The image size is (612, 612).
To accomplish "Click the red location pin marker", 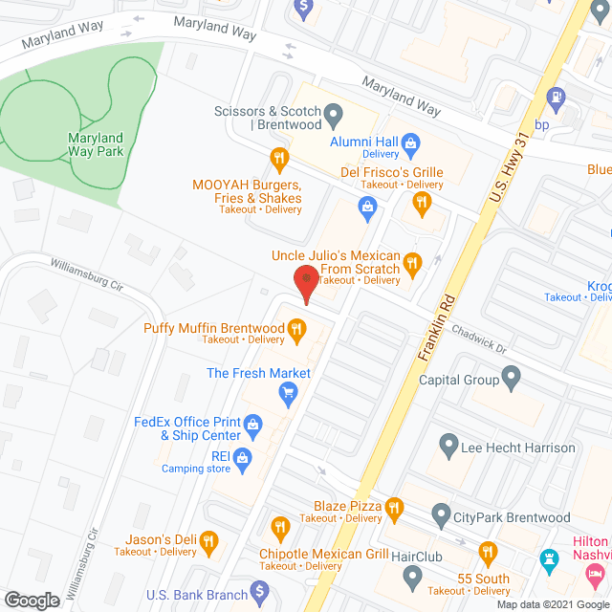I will (x=305, y=285).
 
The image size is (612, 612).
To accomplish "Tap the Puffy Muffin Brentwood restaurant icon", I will (x=297, y=332).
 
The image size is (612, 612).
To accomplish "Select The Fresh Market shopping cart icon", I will (x=287, y=392).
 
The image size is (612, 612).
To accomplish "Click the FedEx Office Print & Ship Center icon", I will (x=253, y=423).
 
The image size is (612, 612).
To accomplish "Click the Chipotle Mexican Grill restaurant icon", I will (x=280, y=527).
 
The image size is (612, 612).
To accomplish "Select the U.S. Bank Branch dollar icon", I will (x=258, y=594).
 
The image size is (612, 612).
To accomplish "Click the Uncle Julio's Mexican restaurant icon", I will (x=412, y=262).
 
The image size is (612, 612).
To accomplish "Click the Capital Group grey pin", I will (x=512, y=380).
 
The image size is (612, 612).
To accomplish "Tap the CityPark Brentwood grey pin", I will (x=442, y=517).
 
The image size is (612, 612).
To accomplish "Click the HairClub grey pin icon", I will (x=412, y=577).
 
